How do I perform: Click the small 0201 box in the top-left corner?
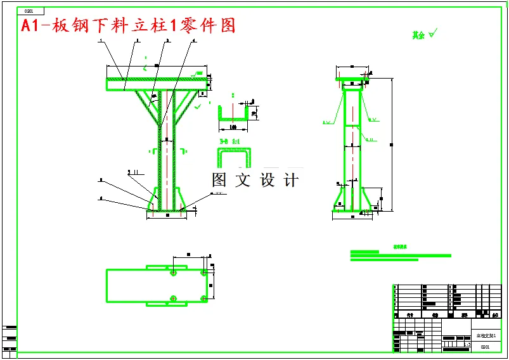[33, 11]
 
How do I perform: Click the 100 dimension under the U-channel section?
[233, 127]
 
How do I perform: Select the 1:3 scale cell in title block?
[467, 345]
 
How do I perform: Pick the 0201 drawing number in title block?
[485, 347]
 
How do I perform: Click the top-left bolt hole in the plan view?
[173, 273]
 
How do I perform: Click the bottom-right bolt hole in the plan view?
[203, 298]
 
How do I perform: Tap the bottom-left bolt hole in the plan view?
[173, 298]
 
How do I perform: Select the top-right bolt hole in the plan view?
[203, 273]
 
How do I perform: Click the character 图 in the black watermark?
[219, 180]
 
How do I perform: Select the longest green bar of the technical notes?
[401, 255]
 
